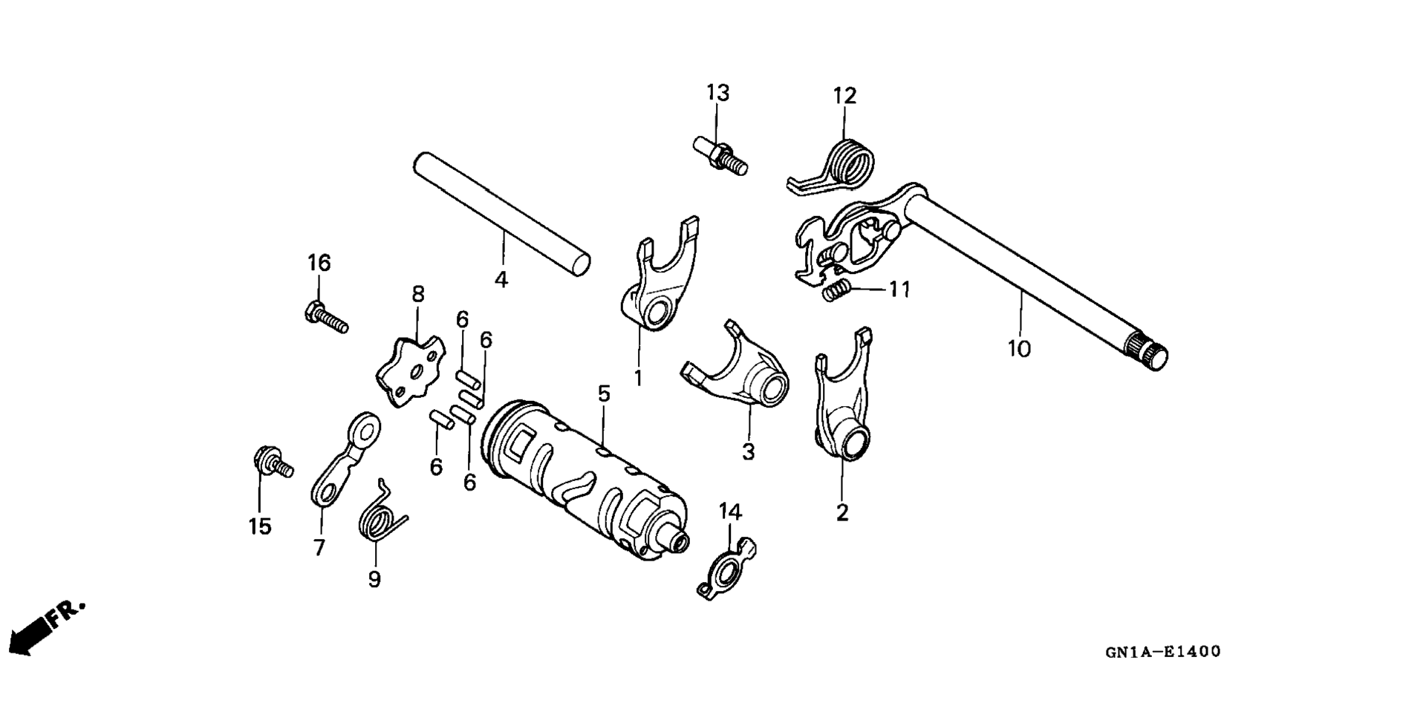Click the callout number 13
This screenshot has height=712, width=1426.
point(717,93)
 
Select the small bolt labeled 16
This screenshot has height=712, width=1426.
point(326,316)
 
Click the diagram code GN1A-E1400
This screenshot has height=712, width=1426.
point(1162,653)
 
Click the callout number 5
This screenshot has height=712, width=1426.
point(604,394)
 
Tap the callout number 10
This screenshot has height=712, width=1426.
point(1019,349)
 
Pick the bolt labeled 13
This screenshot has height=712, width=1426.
point(720,155)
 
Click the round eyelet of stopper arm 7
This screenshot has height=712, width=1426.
point(364,428)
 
